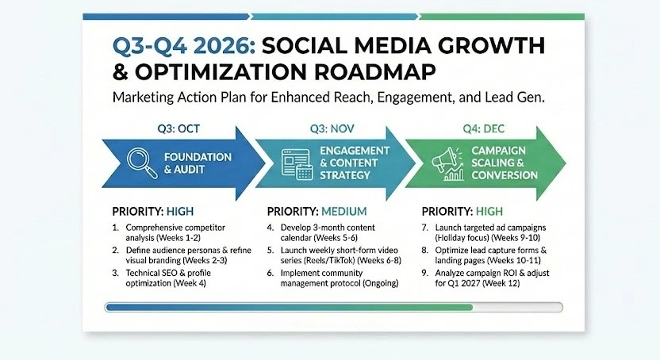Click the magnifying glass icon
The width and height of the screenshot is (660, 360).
pos(141,163)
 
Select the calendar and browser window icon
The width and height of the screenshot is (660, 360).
pos(297,164)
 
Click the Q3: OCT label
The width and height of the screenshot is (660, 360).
pos(178,128)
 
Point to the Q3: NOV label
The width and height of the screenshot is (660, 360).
pos(332,128)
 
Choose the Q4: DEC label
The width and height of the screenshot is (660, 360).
pos(484,128)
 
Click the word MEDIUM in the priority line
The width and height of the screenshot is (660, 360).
pos(344,211)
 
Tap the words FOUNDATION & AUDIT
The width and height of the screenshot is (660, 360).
pos(198,163)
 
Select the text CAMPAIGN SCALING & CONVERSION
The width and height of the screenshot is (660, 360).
pos(505,163)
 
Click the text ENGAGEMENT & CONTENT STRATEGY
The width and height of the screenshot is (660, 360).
pos(355,163)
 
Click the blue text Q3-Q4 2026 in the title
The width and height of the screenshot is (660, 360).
pos(184,46)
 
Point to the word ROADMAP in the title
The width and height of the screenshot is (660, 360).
pos(375,72)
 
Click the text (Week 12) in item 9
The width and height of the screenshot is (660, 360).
pos(501,283)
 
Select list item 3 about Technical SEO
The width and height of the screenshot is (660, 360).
pos(162,278)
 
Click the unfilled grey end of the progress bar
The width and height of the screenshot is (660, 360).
pos(517,308)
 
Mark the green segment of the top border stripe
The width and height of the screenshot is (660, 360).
pos(501,17)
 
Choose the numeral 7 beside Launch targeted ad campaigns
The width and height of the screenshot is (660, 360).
pos(424,228)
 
